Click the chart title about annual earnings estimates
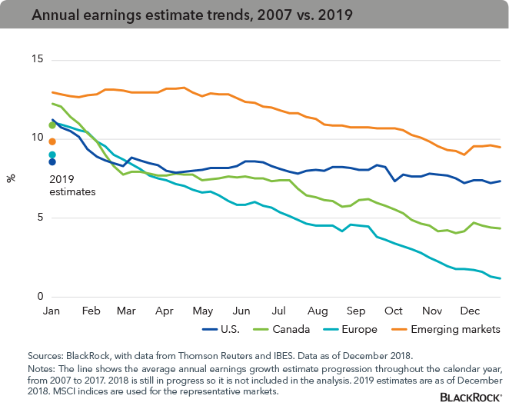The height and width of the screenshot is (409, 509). pos(173,16)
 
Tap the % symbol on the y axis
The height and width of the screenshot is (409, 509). pos(11,178)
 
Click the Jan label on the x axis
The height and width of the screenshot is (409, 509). pos(51,311)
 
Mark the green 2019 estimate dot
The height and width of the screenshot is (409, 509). pos(52,125)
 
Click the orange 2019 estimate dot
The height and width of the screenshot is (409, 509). pos(52,141)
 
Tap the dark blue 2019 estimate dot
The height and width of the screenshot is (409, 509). pos(52,161)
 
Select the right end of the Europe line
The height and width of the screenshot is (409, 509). pos(501,278)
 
